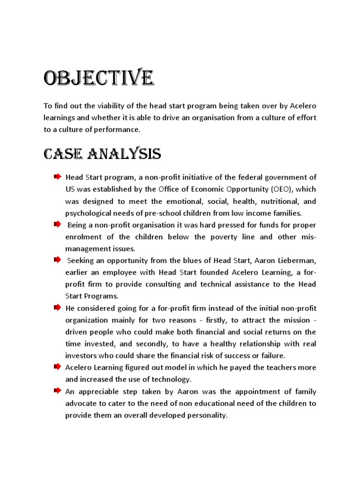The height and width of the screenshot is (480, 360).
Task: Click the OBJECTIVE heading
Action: click(x=98, y=79)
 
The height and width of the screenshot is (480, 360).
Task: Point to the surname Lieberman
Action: click(x=297, y=260)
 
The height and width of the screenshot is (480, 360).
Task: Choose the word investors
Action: click(x=81, y=355)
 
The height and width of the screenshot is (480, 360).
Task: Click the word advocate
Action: click(x=80, y=403)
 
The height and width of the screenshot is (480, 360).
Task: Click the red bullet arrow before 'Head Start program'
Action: click(x=57, y=177)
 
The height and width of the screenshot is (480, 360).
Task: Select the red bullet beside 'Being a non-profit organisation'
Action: click(x=57, y=225)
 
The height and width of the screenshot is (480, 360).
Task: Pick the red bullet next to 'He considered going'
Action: click(x=57, y=307)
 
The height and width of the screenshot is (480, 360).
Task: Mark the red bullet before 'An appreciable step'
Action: click(x=57, y=390)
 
